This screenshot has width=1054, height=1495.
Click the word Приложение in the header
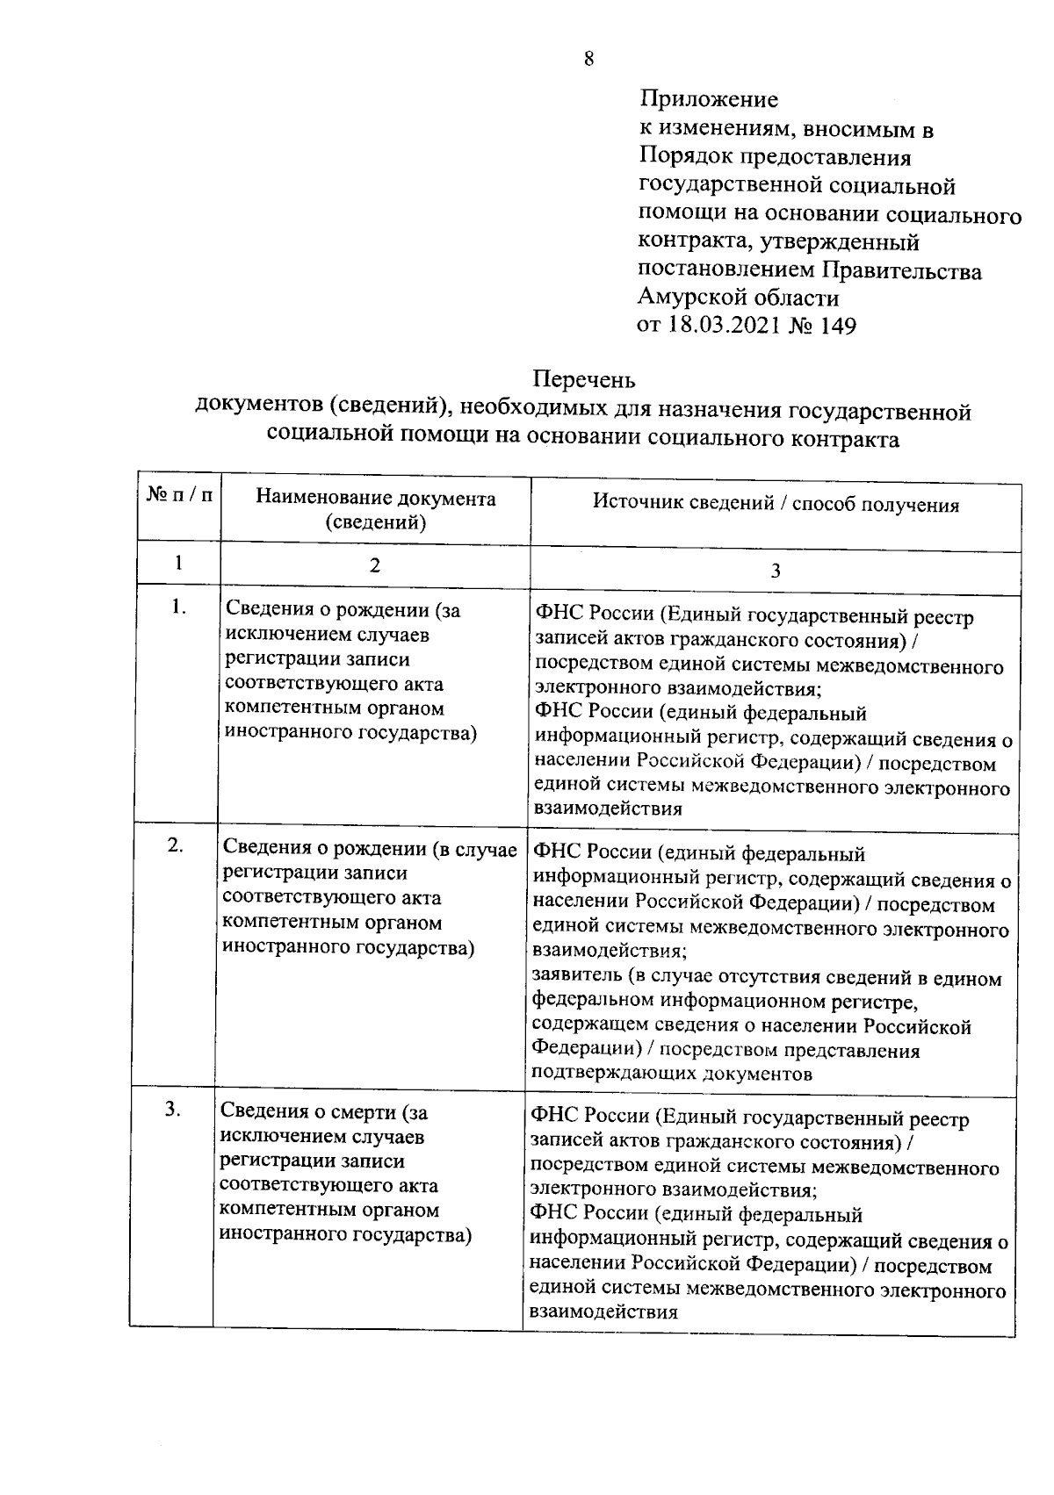point(708,99)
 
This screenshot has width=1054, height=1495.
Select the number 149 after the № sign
point(836,326)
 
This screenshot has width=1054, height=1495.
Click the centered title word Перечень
point(584,380)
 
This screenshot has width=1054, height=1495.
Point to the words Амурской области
point(738,298)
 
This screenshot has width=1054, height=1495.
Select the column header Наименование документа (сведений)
point(375,510)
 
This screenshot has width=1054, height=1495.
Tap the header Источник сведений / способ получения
point(775,505)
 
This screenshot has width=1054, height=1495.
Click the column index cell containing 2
point(375,564)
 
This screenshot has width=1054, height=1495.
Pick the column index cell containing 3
point(775,571)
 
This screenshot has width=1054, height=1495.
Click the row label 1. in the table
point(179,607)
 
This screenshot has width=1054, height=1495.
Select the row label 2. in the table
point(176,845)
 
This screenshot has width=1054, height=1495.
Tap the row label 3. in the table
point(173,1110)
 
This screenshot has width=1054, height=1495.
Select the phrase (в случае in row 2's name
point(475,849)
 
